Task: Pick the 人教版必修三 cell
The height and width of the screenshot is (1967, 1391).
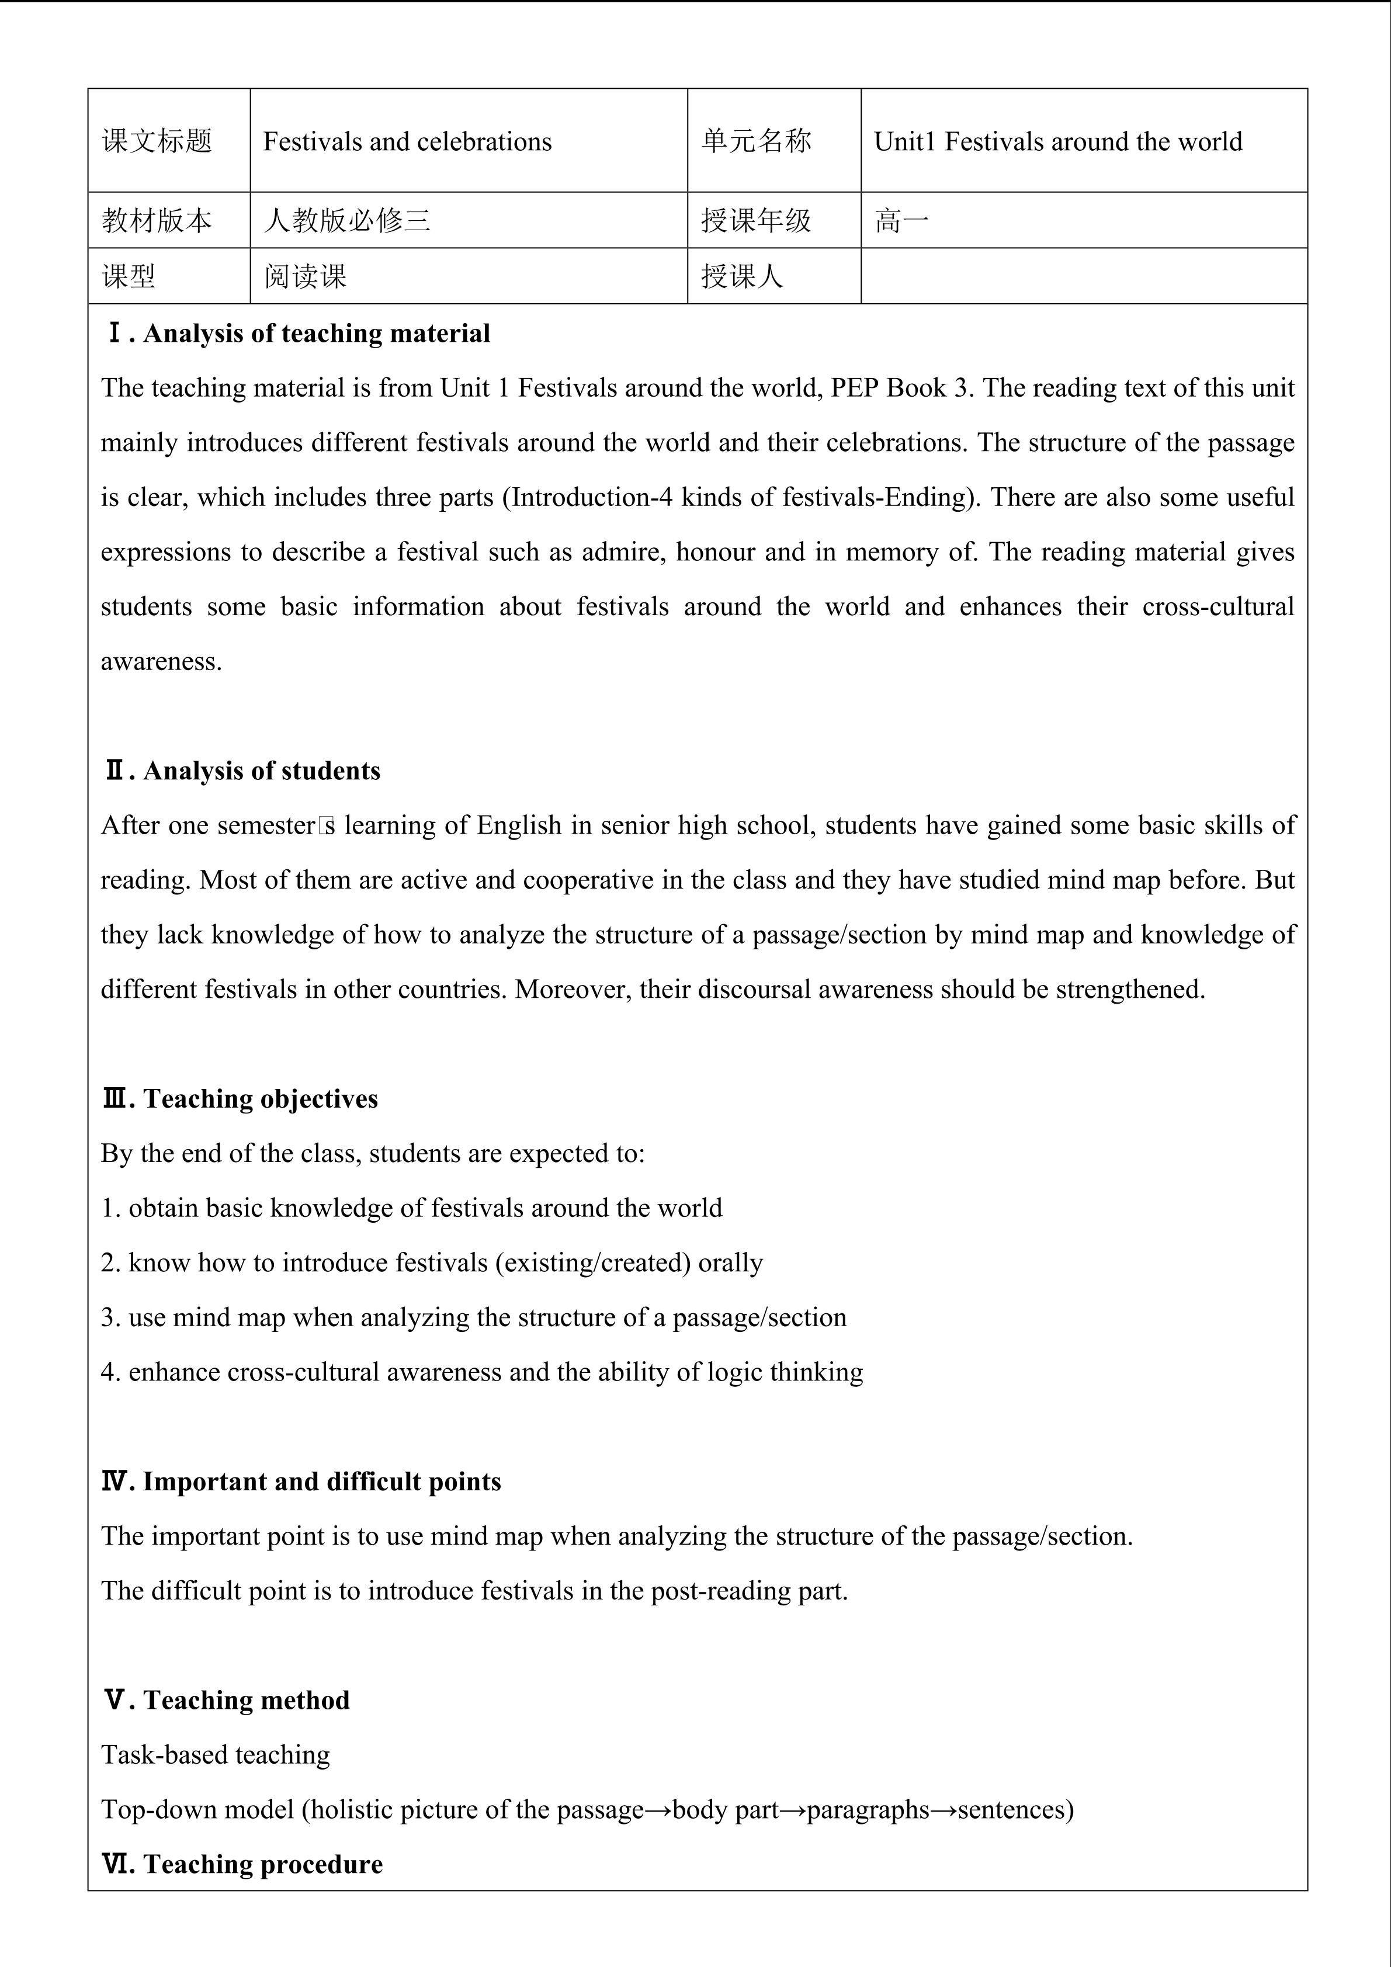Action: (x=347, y=221)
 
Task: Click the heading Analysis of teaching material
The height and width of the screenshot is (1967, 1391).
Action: (x=316, y=333)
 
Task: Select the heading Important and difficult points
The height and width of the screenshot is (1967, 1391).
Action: (x=321, y=1482)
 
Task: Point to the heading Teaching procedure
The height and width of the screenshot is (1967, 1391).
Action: (x=262, y=1864)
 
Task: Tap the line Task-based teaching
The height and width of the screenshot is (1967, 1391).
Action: (x=215, y=1754)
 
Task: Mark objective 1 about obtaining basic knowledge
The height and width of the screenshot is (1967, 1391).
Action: (x=411, y=1208)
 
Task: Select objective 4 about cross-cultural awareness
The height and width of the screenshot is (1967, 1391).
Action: (x=481, y=1372)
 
